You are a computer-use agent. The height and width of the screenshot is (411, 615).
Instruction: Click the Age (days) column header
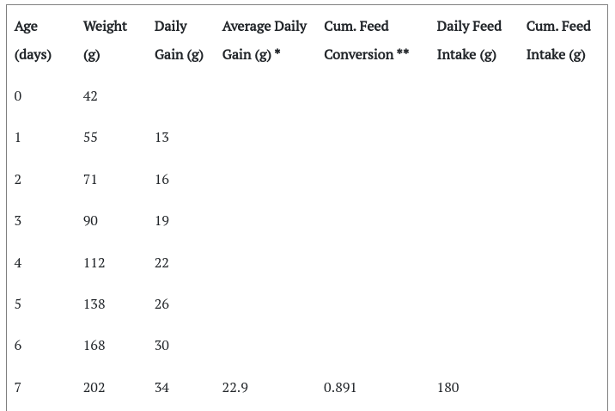(33, 40)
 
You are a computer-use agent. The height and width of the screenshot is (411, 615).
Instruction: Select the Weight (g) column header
(105, 40)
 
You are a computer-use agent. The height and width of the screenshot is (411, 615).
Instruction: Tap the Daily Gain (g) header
(179, 40)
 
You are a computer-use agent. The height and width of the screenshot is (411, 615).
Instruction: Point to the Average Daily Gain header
(265, 40)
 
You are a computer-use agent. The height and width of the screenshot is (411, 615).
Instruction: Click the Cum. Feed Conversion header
(366, 40)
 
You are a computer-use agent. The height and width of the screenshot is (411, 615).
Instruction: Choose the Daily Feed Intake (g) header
(469, 40)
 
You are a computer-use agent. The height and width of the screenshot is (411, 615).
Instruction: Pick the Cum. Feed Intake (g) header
(558, 40)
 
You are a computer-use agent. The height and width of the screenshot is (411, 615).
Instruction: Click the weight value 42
(90, 96)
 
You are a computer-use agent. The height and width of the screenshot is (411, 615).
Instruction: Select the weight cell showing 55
(90, 138)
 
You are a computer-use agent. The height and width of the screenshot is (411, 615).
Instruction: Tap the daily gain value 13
(161, 138)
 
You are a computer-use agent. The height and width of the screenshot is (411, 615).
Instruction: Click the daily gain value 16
(161, 180)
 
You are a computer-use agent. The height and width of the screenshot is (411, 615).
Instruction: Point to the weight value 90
(90, 221)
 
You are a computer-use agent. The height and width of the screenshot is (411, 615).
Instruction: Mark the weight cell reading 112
(94, 262)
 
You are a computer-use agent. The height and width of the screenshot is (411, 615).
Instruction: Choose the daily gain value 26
(161, 304)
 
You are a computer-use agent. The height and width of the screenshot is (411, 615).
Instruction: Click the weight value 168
(94, 346)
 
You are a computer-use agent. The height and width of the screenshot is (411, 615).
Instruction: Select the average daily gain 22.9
(235, 388)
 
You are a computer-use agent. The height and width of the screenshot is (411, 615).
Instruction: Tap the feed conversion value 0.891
(340, 388)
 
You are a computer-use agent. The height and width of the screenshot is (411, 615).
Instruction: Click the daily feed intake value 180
(448, 388)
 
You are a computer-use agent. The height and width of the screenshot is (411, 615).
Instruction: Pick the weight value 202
(94, 388)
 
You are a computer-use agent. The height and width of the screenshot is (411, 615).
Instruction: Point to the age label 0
(18, 96)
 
